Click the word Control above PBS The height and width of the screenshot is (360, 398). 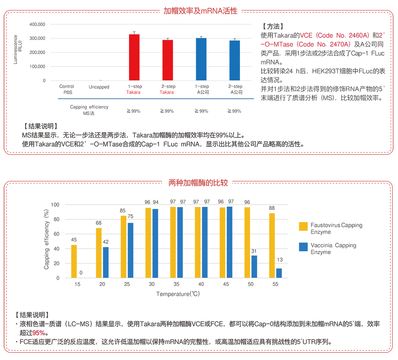click(x=66, y=86)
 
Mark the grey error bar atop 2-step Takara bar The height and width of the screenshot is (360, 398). click(x=168, y=35)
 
